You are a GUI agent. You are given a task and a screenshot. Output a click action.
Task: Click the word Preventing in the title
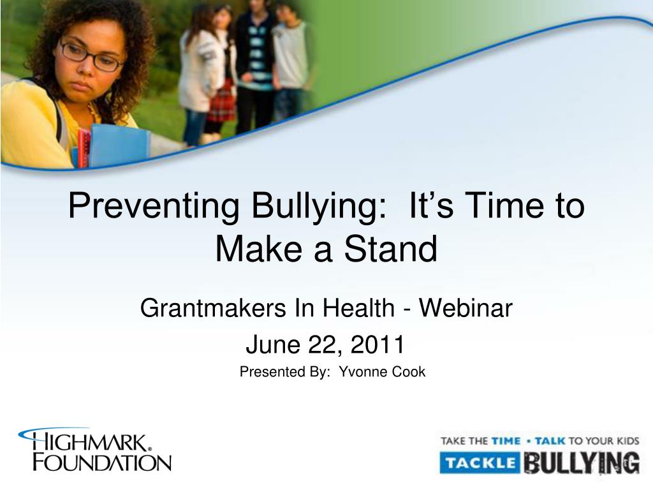coord(154,206)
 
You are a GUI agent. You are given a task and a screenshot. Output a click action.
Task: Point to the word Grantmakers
coord(213,308)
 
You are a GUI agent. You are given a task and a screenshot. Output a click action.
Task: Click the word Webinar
coord(466,308)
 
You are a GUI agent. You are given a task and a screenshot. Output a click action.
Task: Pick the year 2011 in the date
coord(378,345)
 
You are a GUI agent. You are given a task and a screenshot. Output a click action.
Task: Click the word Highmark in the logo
coord(89,442)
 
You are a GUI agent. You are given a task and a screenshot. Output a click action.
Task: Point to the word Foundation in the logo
coord(102,463)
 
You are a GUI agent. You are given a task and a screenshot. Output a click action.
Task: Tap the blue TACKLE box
coord(480,463)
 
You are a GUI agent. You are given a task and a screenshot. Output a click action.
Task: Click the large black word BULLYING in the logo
coord(582,463)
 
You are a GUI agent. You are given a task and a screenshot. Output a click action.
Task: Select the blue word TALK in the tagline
coord(550,441)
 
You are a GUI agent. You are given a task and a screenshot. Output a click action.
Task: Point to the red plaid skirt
coord(221,103)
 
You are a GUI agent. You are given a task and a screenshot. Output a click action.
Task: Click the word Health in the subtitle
coord(358,308)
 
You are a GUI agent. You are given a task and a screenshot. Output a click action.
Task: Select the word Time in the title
coord(504,206)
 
